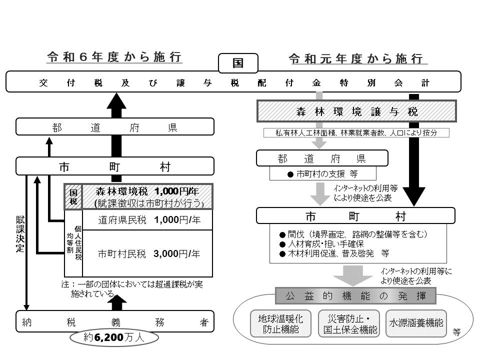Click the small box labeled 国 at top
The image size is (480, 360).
coord(238,63)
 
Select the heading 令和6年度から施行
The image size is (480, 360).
coord(114,56)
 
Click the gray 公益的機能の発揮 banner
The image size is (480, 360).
coord(355,296)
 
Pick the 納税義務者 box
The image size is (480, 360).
coord(115,322)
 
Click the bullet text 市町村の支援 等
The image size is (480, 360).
coord(322,174)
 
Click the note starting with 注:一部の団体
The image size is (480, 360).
coord(132,288)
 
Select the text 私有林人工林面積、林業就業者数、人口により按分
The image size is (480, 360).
coord(355,132)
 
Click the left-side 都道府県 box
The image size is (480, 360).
coord(115,127)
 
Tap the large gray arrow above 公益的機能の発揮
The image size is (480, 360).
coord(355,275)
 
